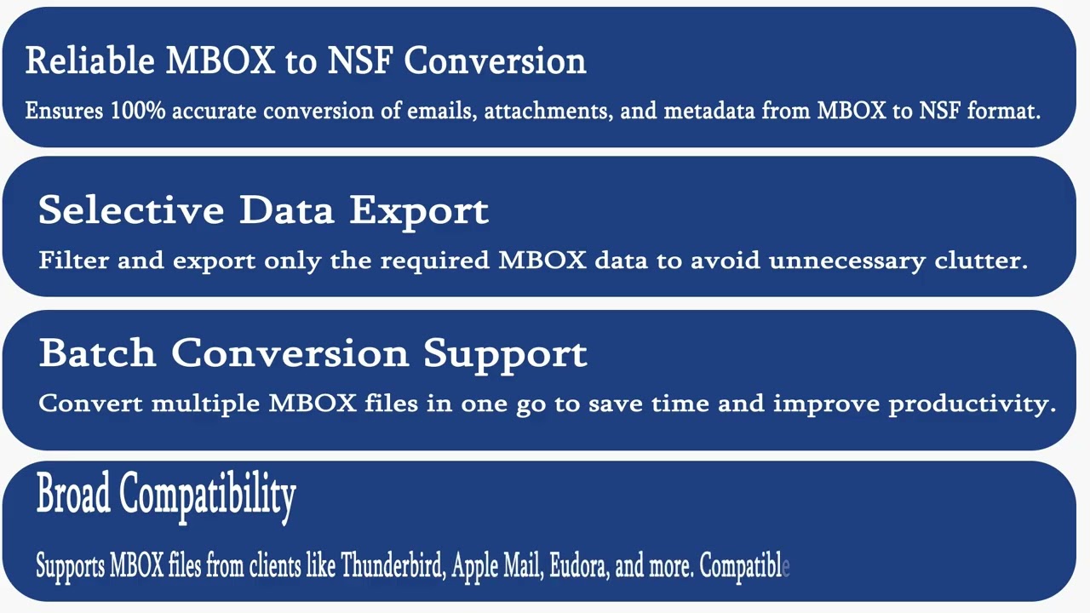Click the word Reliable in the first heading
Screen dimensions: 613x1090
[x=89, y=60]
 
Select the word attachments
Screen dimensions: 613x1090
[x=548, y=111]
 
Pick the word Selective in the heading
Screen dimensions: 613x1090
[x=132, y=209]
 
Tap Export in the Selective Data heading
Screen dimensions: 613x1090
[x=419, y=210]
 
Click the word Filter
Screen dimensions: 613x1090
[x=73, y=261]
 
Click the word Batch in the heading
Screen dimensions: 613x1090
[x=97, y=352]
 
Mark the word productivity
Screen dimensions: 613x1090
[x=972, y=404]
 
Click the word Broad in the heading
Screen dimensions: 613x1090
[x=73, y=494]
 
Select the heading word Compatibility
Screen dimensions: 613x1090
[x=208, y=495]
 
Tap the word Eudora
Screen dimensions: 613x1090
[x=578, y=566]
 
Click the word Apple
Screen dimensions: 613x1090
[x=474, y=566]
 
